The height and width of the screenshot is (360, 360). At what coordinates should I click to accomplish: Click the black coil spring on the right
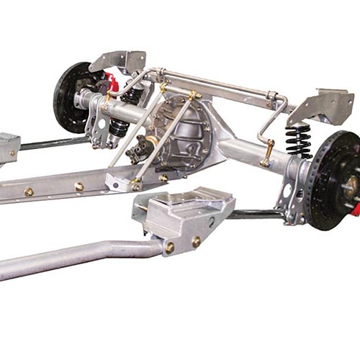(x=298, y=140)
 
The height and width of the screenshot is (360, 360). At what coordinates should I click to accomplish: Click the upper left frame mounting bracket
(x=119, y=60)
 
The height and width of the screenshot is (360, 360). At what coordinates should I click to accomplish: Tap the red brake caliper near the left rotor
(x=111, y=79)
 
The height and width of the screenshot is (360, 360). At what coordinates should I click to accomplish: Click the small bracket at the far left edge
(x=9, y=148)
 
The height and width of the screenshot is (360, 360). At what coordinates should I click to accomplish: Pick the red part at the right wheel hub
(x=355, y=209)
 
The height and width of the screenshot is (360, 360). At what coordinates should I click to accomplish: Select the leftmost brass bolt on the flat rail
(x=29, y=192)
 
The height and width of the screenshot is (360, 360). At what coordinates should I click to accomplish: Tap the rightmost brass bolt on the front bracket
(x=196, y=242)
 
